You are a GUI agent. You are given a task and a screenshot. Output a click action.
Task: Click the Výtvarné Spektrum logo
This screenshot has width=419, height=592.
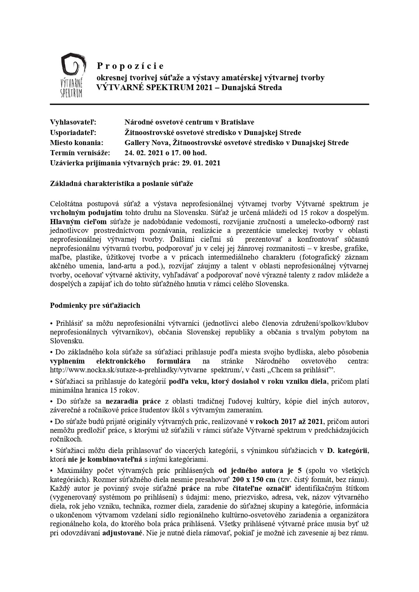coord(72,76)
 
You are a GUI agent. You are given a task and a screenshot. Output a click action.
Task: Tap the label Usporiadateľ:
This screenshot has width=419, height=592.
coord(73,132)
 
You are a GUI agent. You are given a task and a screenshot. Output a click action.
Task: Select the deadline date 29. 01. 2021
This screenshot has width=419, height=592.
coord(201,163)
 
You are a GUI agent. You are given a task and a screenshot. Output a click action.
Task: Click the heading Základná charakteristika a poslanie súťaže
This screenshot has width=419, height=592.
coord(122,183)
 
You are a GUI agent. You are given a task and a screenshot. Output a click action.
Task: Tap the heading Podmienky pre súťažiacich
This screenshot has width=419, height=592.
coord(95,305)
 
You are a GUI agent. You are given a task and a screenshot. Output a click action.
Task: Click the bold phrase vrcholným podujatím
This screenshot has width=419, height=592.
coord(87,213)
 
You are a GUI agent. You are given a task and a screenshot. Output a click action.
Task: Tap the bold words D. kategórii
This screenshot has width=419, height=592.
coord(347,450)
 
